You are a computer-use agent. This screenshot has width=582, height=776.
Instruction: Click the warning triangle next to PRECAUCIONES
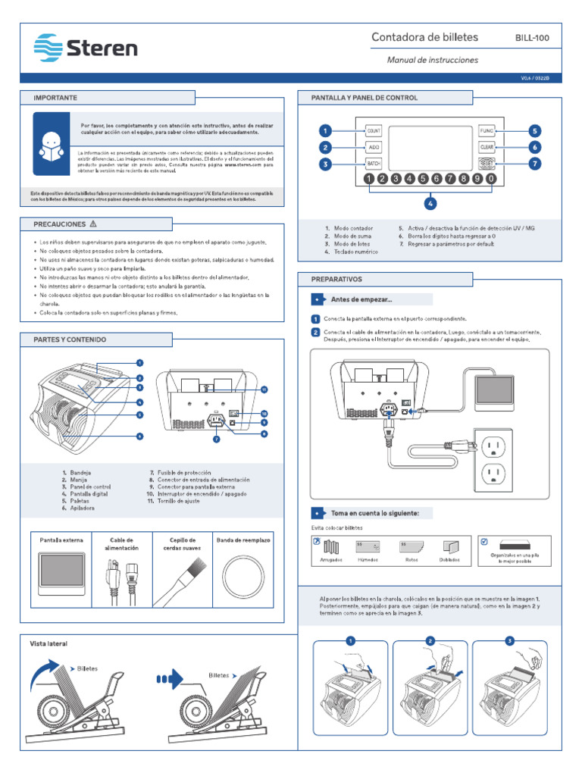click(93, 224)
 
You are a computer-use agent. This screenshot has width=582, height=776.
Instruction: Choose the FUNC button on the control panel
click(487, 130)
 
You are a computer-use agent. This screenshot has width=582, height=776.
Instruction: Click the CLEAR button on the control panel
click(487, 147)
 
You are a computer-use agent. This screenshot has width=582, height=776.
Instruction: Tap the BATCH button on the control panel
click(374, 164)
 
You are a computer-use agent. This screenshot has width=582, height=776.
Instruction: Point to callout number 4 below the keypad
click(430, 203)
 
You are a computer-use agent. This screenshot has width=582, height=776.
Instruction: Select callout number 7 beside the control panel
click(534, 164)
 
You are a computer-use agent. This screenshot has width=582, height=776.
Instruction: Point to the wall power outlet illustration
click(493, 457)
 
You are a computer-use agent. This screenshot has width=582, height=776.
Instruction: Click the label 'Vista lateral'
click(48, 643)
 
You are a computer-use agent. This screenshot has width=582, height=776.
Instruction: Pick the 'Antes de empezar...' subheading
click(361, 299)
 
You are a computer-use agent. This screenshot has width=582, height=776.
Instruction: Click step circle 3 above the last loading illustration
click(509, 641)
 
